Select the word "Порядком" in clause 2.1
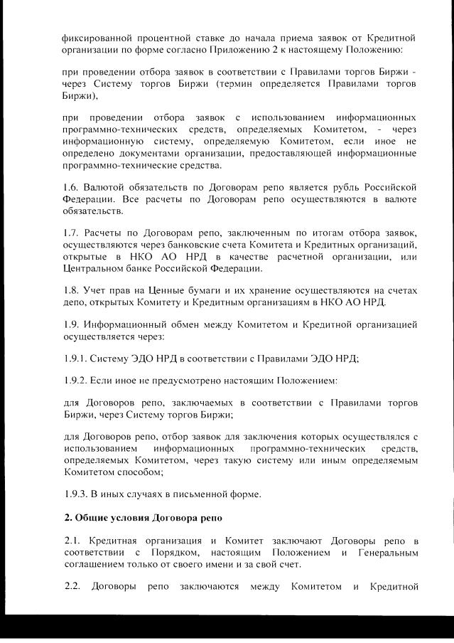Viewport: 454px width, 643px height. pyautogui.click(x=169, y=551)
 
